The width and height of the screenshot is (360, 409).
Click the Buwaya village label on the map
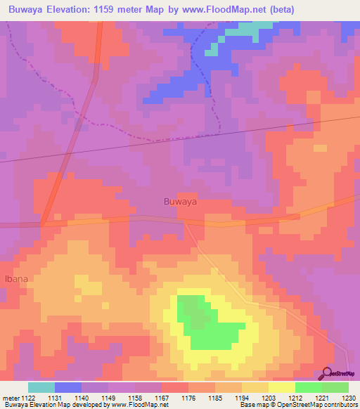[x=179, y=202]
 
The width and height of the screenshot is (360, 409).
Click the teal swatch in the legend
[x=41, y=387]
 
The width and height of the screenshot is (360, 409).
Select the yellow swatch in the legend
[x=281, y=387]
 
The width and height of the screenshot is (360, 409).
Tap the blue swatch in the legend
[x=68, y=387]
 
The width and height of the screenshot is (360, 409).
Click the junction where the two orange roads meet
[x=44, y=223]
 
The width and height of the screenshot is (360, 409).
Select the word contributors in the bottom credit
[x=339, y=405]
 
